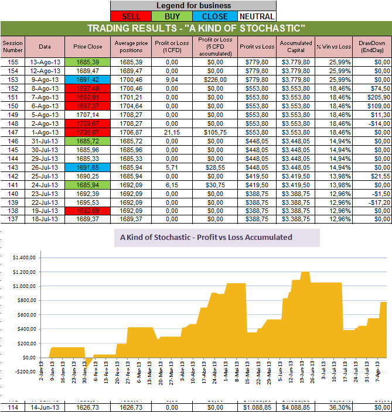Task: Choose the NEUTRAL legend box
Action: pyautogui.click(x=257, y=16)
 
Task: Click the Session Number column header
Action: pyautogui.click(x=13, y=46)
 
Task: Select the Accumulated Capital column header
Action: pyautogui.click(x=295, y=46)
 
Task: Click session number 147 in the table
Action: pyautogui.click(x=13, y=132)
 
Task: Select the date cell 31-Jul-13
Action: pyautogui.click(x=45, y=140)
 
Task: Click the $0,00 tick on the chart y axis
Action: pyautogui.click(x=27, y=357)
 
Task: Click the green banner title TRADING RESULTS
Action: pyautogui.click(x=196, y=29)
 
